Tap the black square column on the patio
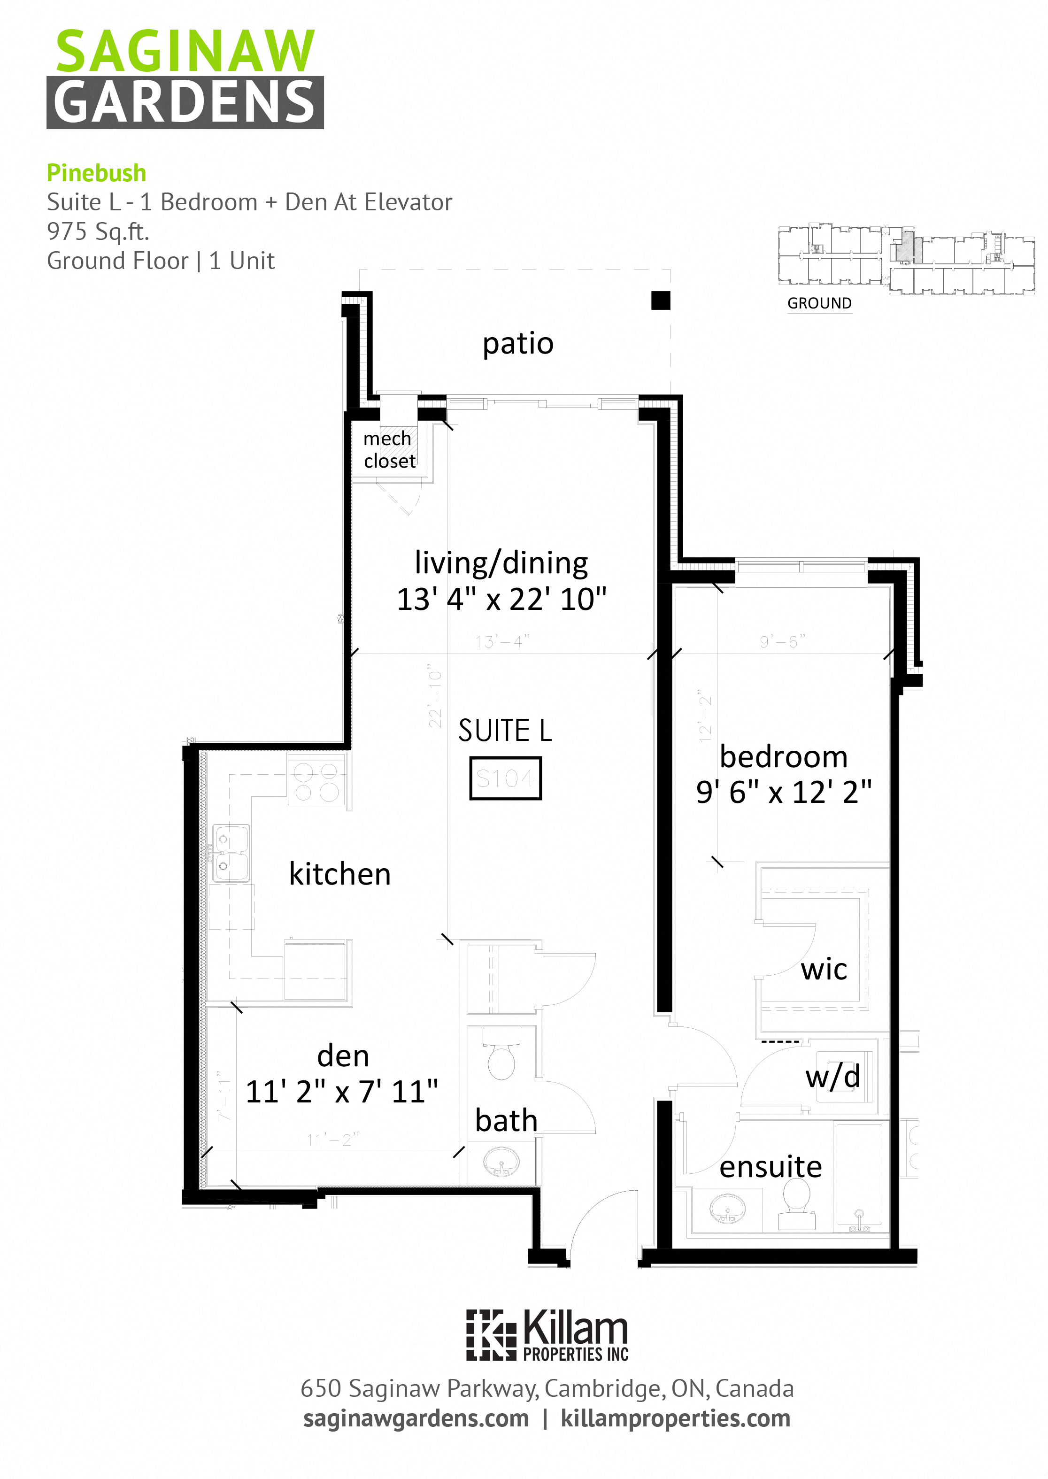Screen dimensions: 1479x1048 pos(660,300)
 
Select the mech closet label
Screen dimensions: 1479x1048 pos(388,449)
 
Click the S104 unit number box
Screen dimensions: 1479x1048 pos(505,778)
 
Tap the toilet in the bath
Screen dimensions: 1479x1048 pos(501,1054)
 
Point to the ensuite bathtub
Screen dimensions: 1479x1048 pos(858,1174)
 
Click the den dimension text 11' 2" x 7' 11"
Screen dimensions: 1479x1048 pos(342,1092)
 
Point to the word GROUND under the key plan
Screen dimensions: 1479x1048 pos(819,303)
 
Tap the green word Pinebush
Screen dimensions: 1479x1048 pos(96,173)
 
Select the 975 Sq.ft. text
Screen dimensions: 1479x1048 pos(98,231)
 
